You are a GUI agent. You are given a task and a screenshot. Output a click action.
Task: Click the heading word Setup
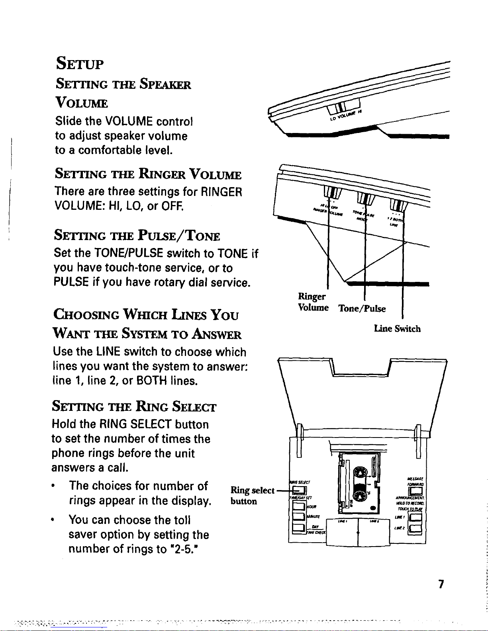[80, 63]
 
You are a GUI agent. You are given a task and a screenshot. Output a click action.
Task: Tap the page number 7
[441, 584]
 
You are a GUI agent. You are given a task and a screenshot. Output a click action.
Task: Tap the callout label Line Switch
[397, 329]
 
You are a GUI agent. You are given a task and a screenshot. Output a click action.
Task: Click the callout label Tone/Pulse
[362, 309]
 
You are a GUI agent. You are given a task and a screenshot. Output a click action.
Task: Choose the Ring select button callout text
[253, 495]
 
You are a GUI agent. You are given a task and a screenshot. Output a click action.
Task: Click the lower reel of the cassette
[360, 496]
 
